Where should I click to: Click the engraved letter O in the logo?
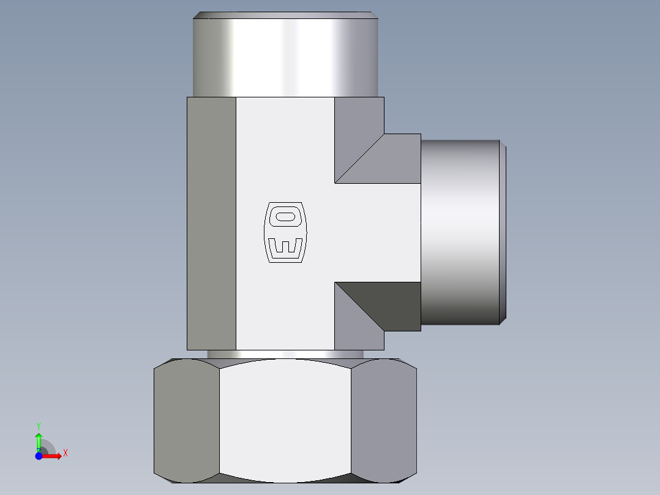click(x=285, y=216)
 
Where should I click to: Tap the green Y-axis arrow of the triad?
click(x=39, y=440)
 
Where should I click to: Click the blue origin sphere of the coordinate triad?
click(x=39, y=456)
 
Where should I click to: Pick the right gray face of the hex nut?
click(x=384, y=420)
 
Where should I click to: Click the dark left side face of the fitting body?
click(x=211, y=224)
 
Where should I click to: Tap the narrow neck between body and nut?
click(x=285, y=354)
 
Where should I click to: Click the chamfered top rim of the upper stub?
click(x=285, y=15)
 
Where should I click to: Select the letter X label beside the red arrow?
click(x=65, y=453)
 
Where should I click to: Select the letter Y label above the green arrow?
click(x=39, y=425)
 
